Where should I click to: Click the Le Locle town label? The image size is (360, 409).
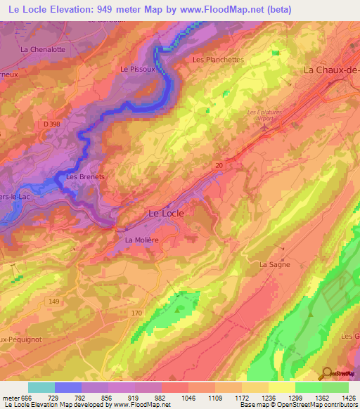[x=167, y=212]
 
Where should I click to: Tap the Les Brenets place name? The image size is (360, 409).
[x=85, y=177]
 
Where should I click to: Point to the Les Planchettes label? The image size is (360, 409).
[x=218, y=60]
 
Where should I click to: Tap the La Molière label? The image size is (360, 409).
[x=142, y=240]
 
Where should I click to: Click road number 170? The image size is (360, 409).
[x=136, y=312]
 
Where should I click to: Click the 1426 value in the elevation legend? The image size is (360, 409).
[x=347, y=397]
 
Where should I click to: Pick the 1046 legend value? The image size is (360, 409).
[x=188, y=397]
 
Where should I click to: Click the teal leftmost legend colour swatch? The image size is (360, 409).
[x=41, y=387]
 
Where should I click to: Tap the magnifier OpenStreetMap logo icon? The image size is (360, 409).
[x=325, y=372]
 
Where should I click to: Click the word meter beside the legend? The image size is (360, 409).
[x=13, y=397]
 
